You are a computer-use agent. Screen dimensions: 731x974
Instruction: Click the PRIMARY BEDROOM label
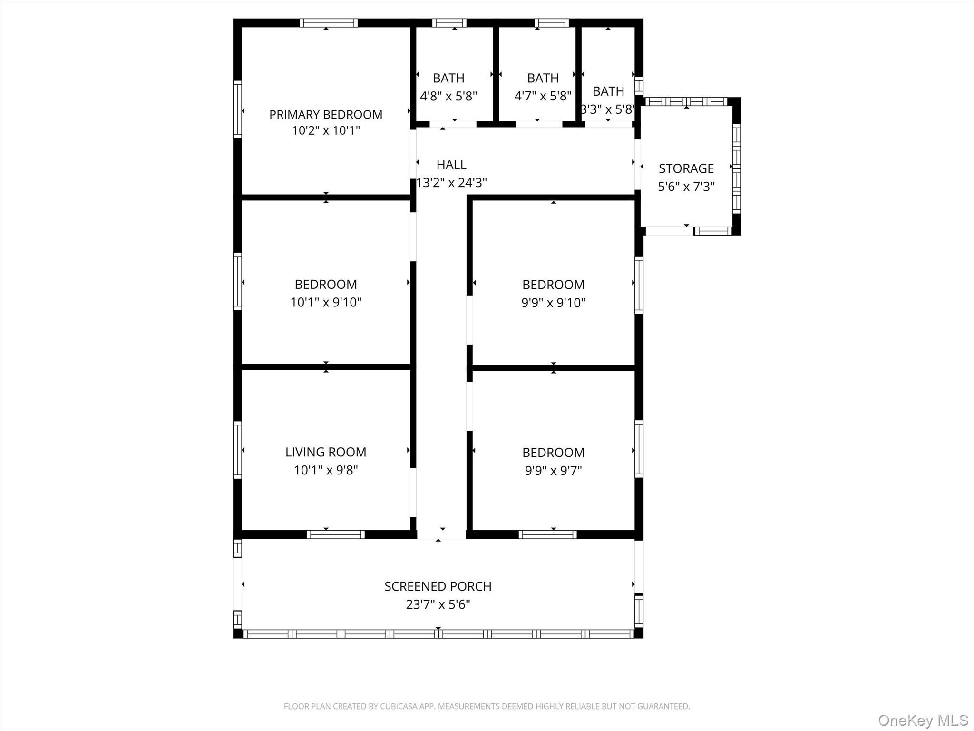click(326, 115)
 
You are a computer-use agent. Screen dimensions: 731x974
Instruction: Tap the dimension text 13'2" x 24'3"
click(451, 183)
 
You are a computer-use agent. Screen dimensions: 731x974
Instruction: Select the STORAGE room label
click(686, 168)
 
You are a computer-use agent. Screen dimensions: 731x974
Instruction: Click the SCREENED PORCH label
click(438, 586)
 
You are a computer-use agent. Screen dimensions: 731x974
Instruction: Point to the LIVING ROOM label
click(326, 452)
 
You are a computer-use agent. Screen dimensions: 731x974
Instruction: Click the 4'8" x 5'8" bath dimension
click(448, 96)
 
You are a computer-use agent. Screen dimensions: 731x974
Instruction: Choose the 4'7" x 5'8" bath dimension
click(543, 96)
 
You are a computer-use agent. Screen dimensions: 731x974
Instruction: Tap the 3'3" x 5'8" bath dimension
click(608, 109)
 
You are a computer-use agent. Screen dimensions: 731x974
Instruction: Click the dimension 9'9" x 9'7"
click(553, 471)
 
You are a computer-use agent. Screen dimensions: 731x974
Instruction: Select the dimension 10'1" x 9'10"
click(326, 302)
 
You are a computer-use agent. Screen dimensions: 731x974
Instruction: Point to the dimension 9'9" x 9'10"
click(553, 303)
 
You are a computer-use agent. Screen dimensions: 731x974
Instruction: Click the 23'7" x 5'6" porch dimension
click(438, 604)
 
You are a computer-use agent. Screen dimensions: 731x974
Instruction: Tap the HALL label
click(451, 165)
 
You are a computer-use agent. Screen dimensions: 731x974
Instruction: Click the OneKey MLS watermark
click(923, 720)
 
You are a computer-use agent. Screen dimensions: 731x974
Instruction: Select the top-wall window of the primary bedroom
click(328, 22)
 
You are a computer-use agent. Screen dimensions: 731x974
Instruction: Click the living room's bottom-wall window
click(335, 534)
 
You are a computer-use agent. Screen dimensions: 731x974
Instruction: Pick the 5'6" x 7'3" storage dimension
click(686, 187)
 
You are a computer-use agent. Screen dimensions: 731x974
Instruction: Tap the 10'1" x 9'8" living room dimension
click(326, 470)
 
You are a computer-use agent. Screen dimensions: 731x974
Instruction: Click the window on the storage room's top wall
click(686, 101)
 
